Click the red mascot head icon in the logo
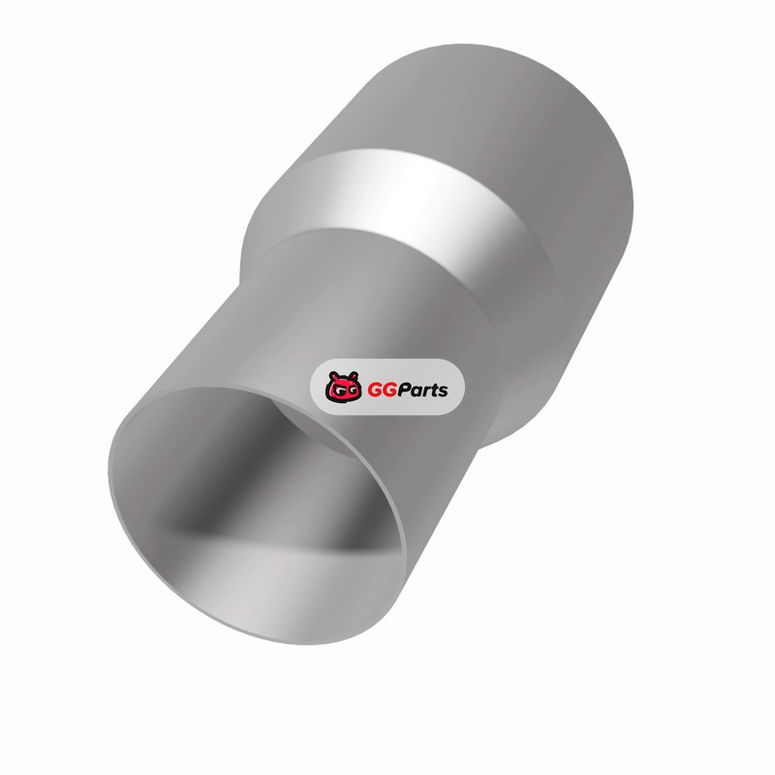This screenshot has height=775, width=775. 342,387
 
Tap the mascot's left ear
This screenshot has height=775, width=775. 332,376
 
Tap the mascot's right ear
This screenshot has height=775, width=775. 353,376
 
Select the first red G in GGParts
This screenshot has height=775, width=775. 375,390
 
